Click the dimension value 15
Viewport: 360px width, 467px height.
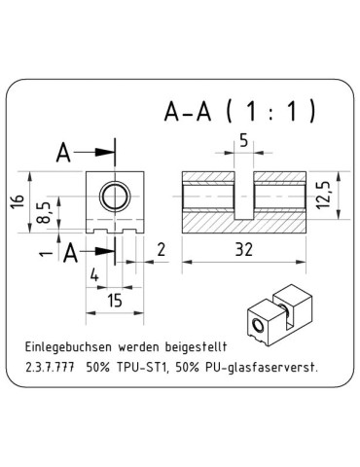(114, 304)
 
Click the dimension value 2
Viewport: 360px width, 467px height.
(161, 250)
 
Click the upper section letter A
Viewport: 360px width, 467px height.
(64, 153)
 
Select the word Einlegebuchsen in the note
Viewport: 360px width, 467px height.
(70, 347)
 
